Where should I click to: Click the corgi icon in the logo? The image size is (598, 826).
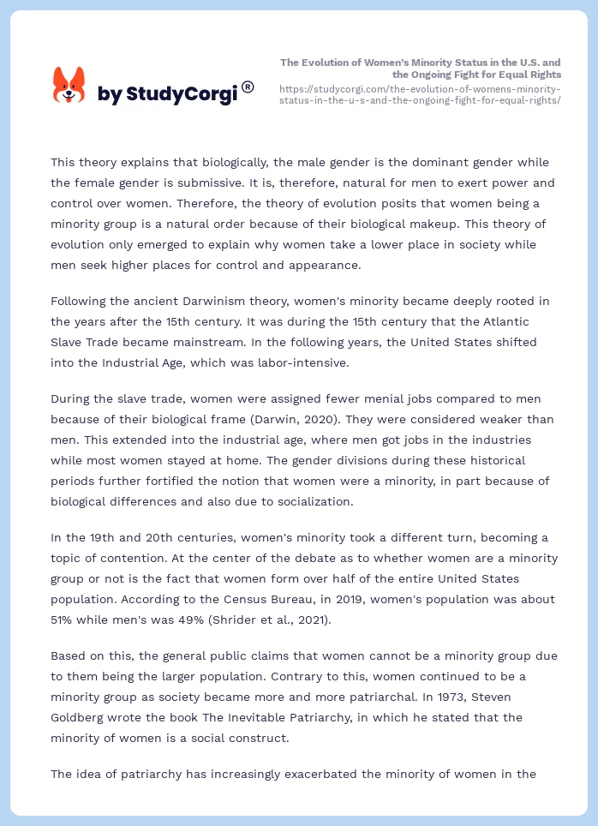coord(69,86)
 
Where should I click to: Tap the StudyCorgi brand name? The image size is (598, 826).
coord(167,94)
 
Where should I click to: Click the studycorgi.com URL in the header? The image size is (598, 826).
coord(420,94)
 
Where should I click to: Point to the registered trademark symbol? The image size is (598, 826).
coord(248,86)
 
